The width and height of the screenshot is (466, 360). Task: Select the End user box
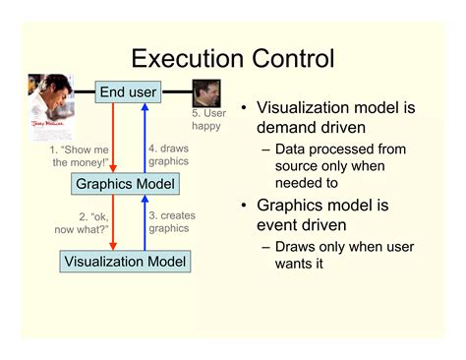(x=128, y=93)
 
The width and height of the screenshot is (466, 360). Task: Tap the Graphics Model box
(x=125, y=184)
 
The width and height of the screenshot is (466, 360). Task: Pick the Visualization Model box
(x=124, y=262)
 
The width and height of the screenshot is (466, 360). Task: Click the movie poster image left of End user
(x=51, y=105)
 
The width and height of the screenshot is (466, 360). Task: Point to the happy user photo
(x=205, y=94)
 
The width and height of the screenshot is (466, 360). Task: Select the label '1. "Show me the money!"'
(x=79, y=155)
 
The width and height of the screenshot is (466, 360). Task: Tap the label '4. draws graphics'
(x=168, y=155)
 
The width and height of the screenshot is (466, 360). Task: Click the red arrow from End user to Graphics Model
(x=114, y=138)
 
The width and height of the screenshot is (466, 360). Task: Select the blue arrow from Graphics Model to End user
(x=144, y=138)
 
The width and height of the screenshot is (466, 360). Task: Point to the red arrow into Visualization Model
(x=114, y=222)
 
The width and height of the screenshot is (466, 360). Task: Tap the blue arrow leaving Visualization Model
(x=144, y=222)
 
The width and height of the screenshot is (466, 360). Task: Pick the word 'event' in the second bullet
(x=280, y=226)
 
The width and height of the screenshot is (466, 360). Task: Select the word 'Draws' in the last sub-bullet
(x=296, y=248)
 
